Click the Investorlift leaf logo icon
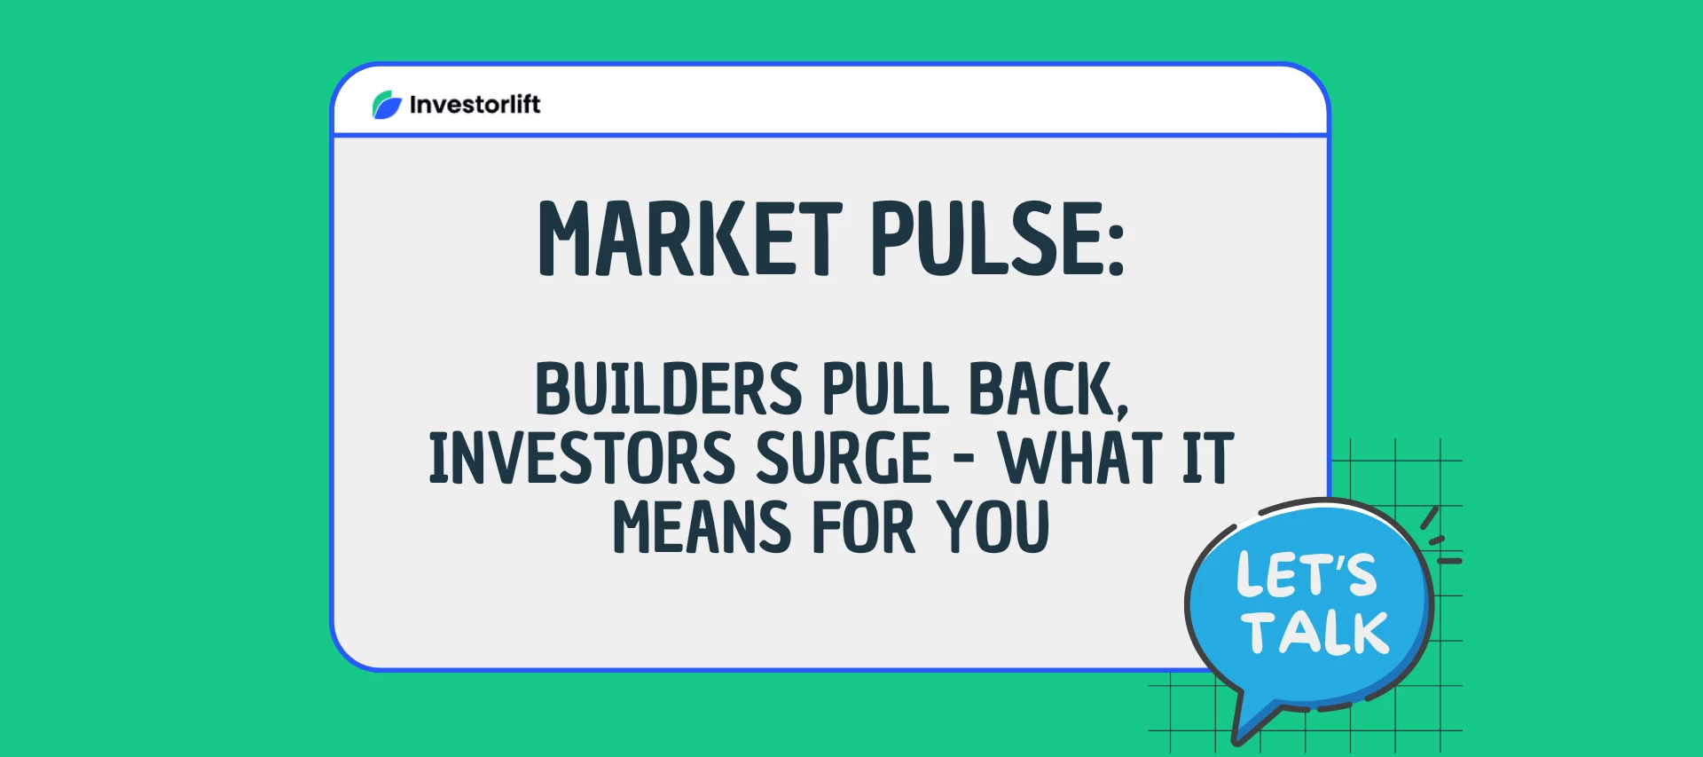[387, 105]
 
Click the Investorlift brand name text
[475, 105]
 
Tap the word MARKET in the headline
[690, 238]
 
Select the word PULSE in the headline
[982, 238]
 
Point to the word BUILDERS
[668, 389]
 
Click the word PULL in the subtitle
[885, 389]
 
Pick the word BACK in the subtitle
[1041, 389]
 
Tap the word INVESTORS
[582, 458]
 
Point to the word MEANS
[702, 527]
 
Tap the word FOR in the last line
[863, 527]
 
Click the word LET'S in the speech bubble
[1307, 573]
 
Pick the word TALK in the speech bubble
[1315, 633]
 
